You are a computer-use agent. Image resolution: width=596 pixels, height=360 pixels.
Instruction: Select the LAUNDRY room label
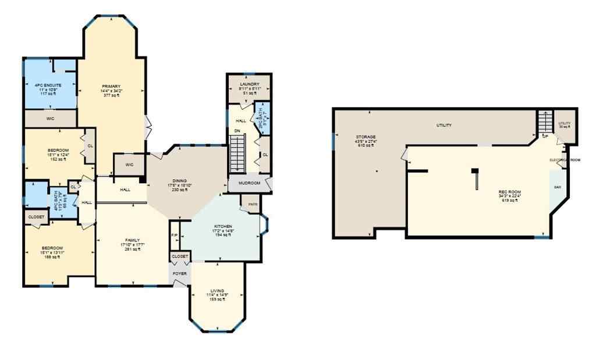(x=249, y=84)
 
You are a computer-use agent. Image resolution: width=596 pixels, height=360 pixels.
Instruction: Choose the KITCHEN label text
(x=223, y=226)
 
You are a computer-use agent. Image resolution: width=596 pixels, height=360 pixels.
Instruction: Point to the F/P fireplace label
(x=175, y=235)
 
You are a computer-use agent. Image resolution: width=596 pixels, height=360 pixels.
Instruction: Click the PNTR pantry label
(x=253, y=204)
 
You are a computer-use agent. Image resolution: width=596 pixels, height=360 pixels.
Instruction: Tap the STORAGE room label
(x=366, y=137)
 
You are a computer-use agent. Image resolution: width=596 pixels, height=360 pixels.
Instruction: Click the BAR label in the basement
(x=558, y=187)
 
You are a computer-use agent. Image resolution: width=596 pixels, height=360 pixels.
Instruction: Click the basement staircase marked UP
(x=544, y=124)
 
